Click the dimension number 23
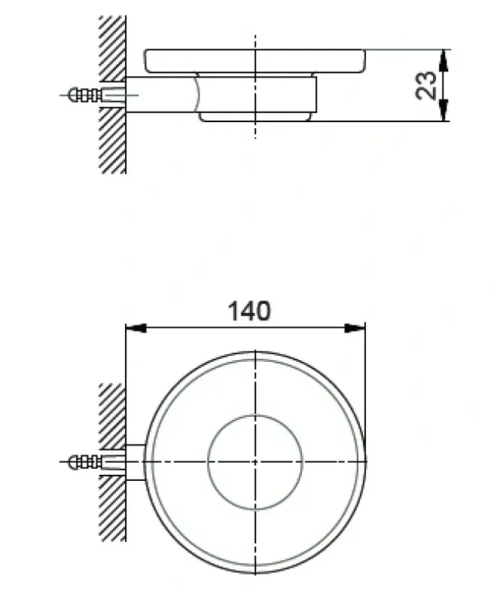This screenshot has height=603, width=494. tap(426, 85)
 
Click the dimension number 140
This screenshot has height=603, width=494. tap(249, 310)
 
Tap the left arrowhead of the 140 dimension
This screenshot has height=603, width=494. tap(134, 328)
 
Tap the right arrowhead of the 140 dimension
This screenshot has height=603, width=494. tap(355, 328)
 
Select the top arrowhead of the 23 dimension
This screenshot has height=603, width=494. tap(444, 57)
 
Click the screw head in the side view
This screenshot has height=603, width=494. tap(74, 95)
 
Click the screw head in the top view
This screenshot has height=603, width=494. tap(74, 461)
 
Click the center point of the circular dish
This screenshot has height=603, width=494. tap(255, 461)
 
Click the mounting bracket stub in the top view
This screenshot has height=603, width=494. tap(134, 461)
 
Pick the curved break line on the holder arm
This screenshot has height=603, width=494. tap(197, 94)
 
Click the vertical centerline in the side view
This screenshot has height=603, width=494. tap(255, 128)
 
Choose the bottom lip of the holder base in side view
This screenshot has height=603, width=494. tap(255, 117)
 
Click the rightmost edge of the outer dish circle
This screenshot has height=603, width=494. tap(366, 461)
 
